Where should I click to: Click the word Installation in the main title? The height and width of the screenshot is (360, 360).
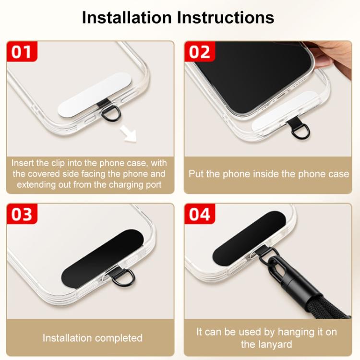pos(127,17)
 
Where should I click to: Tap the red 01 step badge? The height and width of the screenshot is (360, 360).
pos(22,51)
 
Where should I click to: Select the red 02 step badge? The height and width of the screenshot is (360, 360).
pos(200,51)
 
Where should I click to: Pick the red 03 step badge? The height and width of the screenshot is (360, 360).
pos(22,214)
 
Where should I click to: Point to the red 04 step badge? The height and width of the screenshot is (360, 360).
pos(200,214)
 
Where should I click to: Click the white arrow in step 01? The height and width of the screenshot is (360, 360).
pos(128,134)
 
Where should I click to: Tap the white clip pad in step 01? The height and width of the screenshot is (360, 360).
pos(95,94)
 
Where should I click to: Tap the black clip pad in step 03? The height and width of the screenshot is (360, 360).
pos(102,258)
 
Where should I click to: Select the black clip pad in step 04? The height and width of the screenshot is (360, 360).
pos(249,237)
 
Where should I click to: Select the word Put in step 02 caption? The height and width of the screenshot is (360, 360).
pos(196,174)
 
